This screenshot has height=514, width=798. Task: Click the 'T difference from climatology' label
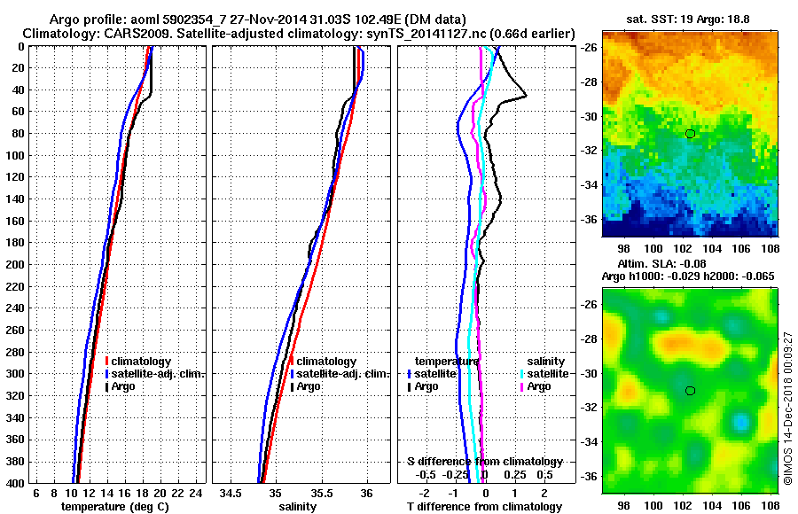484,507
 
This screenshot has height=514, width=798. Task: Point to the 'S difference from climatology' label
484,462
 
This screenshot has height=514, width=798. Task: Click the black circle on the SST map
690,133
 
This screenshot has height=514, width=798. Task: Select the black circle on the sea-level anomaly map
690,391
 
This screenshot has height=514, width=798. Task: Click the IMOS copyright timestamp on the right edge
787,408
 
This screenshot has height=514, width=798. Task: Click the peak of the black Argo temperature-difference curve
526,95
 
